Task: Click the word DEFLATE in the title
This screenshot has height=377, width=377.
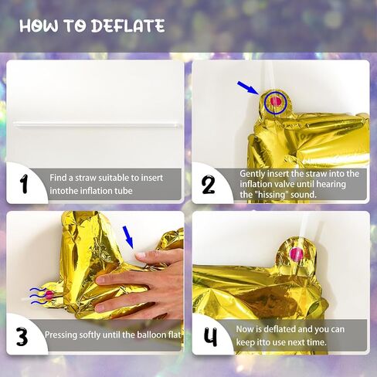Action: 128,26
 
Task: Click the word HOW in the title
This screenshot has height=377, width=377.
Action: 39,26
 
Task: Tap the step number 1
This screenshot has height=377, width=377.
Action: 24,184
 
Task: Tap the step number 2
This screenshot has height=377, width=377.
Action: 208,185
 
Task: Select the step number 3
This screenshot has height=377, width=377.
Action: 22,336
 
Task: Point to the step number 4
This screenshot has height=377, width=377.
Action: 211,337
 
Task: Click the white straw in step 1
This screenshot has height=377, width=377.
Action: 97,125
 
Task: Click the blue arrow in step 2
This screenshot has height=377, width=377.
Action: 248,88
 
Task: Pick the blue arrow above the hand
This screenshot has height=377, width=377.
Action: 128,237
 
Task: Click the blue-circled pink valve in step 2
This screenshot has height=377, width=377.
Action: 276,103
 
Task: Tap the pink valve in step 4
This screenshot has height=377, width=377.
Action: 297,253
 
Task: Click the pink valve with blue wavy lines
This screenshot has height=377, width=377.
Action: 49,295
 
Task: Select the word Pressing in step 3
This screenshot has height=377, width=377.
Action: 61,335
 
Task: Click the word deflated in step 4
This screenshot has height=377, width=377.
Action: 280,329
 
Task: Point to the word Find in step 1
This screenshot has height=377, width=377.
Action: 57,178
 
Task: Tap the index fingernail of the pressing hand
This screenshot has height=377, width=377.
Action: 141,255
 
